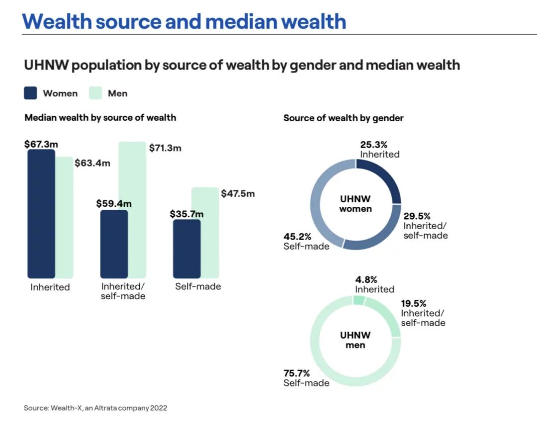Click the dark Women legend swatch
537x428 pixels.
[31, 93]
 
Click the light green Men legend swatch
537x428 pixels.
[95, 93]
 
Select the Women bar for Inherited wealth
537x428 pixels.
[41, 214]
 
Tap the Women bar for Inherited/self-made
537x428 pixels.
[114, 244]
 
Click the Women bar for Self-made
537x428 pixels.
[186, 249]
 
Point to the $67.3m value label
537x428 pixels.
[41, 144]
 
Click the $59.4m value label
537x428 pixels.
[114, 203]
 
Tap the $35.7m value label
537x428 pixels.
[186, 214]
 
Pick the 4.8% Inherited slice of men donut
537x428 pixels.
[359, 300]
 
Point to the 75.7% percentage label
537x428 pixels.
[297, 373]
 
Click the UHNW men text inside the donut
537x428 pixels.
[356, 340]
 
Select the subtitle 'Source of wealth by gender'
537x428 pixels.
[343, 118]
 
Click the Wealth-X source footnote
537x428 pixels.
[95, 408]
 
